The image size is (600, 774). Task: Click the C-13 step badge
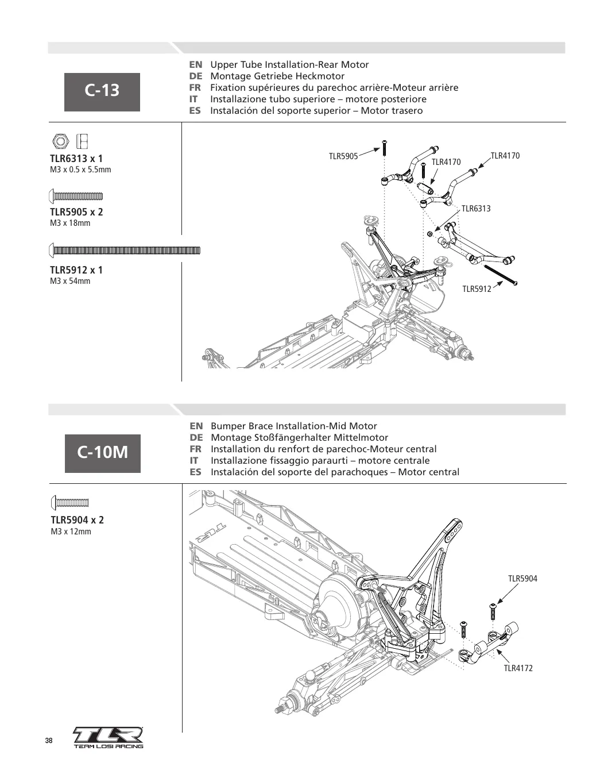pyautogui.click(x=102, y=92)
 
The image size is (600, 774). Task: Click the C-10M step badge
pyautogui.click(x=103, y=453)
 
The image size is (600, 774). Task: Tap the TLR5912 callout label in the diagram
pyautogui.click(x=477, y=289)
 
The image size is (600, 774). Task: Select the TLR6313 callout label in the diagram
pyautogui.click(x=476, y=209)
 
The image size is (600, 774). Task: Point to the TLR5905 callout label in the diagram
pyautogui.click(x=343, y=156)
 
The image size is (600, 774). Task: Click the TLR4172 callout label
pyautogui.click(x=518, y=668)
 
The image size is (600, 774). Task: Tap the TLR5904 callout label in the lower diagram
pyautogui.click(x=522, y=579)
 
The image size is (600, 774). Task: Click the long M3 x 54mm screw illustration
pyautogui.click(x=124, y=251)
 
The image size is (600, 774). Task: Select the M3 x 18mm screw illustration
pyautogui.click(x=75, y=196)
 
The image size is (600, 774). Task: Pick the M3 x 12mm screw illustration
pyautogui.click(x=69, y=503)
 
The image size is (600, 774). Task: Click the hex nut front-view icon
pyautogui.click(x=60, y=141)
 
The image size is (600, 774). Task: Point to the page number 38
pyautogui.click(x=49, y=741)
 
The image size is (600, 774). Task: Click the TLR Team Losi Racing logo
pyautogui.click(x=108, y=738)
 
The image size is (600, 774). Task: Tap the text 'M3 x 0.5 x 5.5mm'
pyautogui.click(x=80, y=170)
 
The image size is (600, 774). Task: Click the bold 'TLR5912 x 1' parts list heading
pyautogui.click(x=76, y=270)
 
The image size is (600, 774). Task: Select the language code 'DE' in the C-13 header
pyautogui.click(x=196, y=76)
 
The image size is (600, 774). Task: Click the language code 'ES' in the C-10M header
pyautogui.click(x=195, y=472)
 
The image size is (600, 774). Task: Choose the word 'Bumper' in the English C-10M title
pyautogui.click(x=224, y=426)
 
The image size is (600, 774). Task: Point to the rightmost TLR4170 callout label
pyautogui.click(x=505, y=156)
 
